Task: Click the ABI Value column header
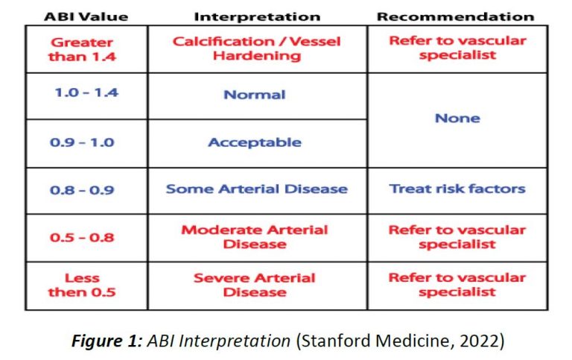86,17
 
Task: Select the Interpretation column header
257,17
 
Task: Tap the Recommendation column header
456,17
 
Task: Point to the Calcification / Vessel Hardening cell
257,48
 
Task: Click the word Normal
255,95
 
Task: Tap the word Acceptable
255,142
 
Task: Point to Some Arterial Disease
257,189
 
